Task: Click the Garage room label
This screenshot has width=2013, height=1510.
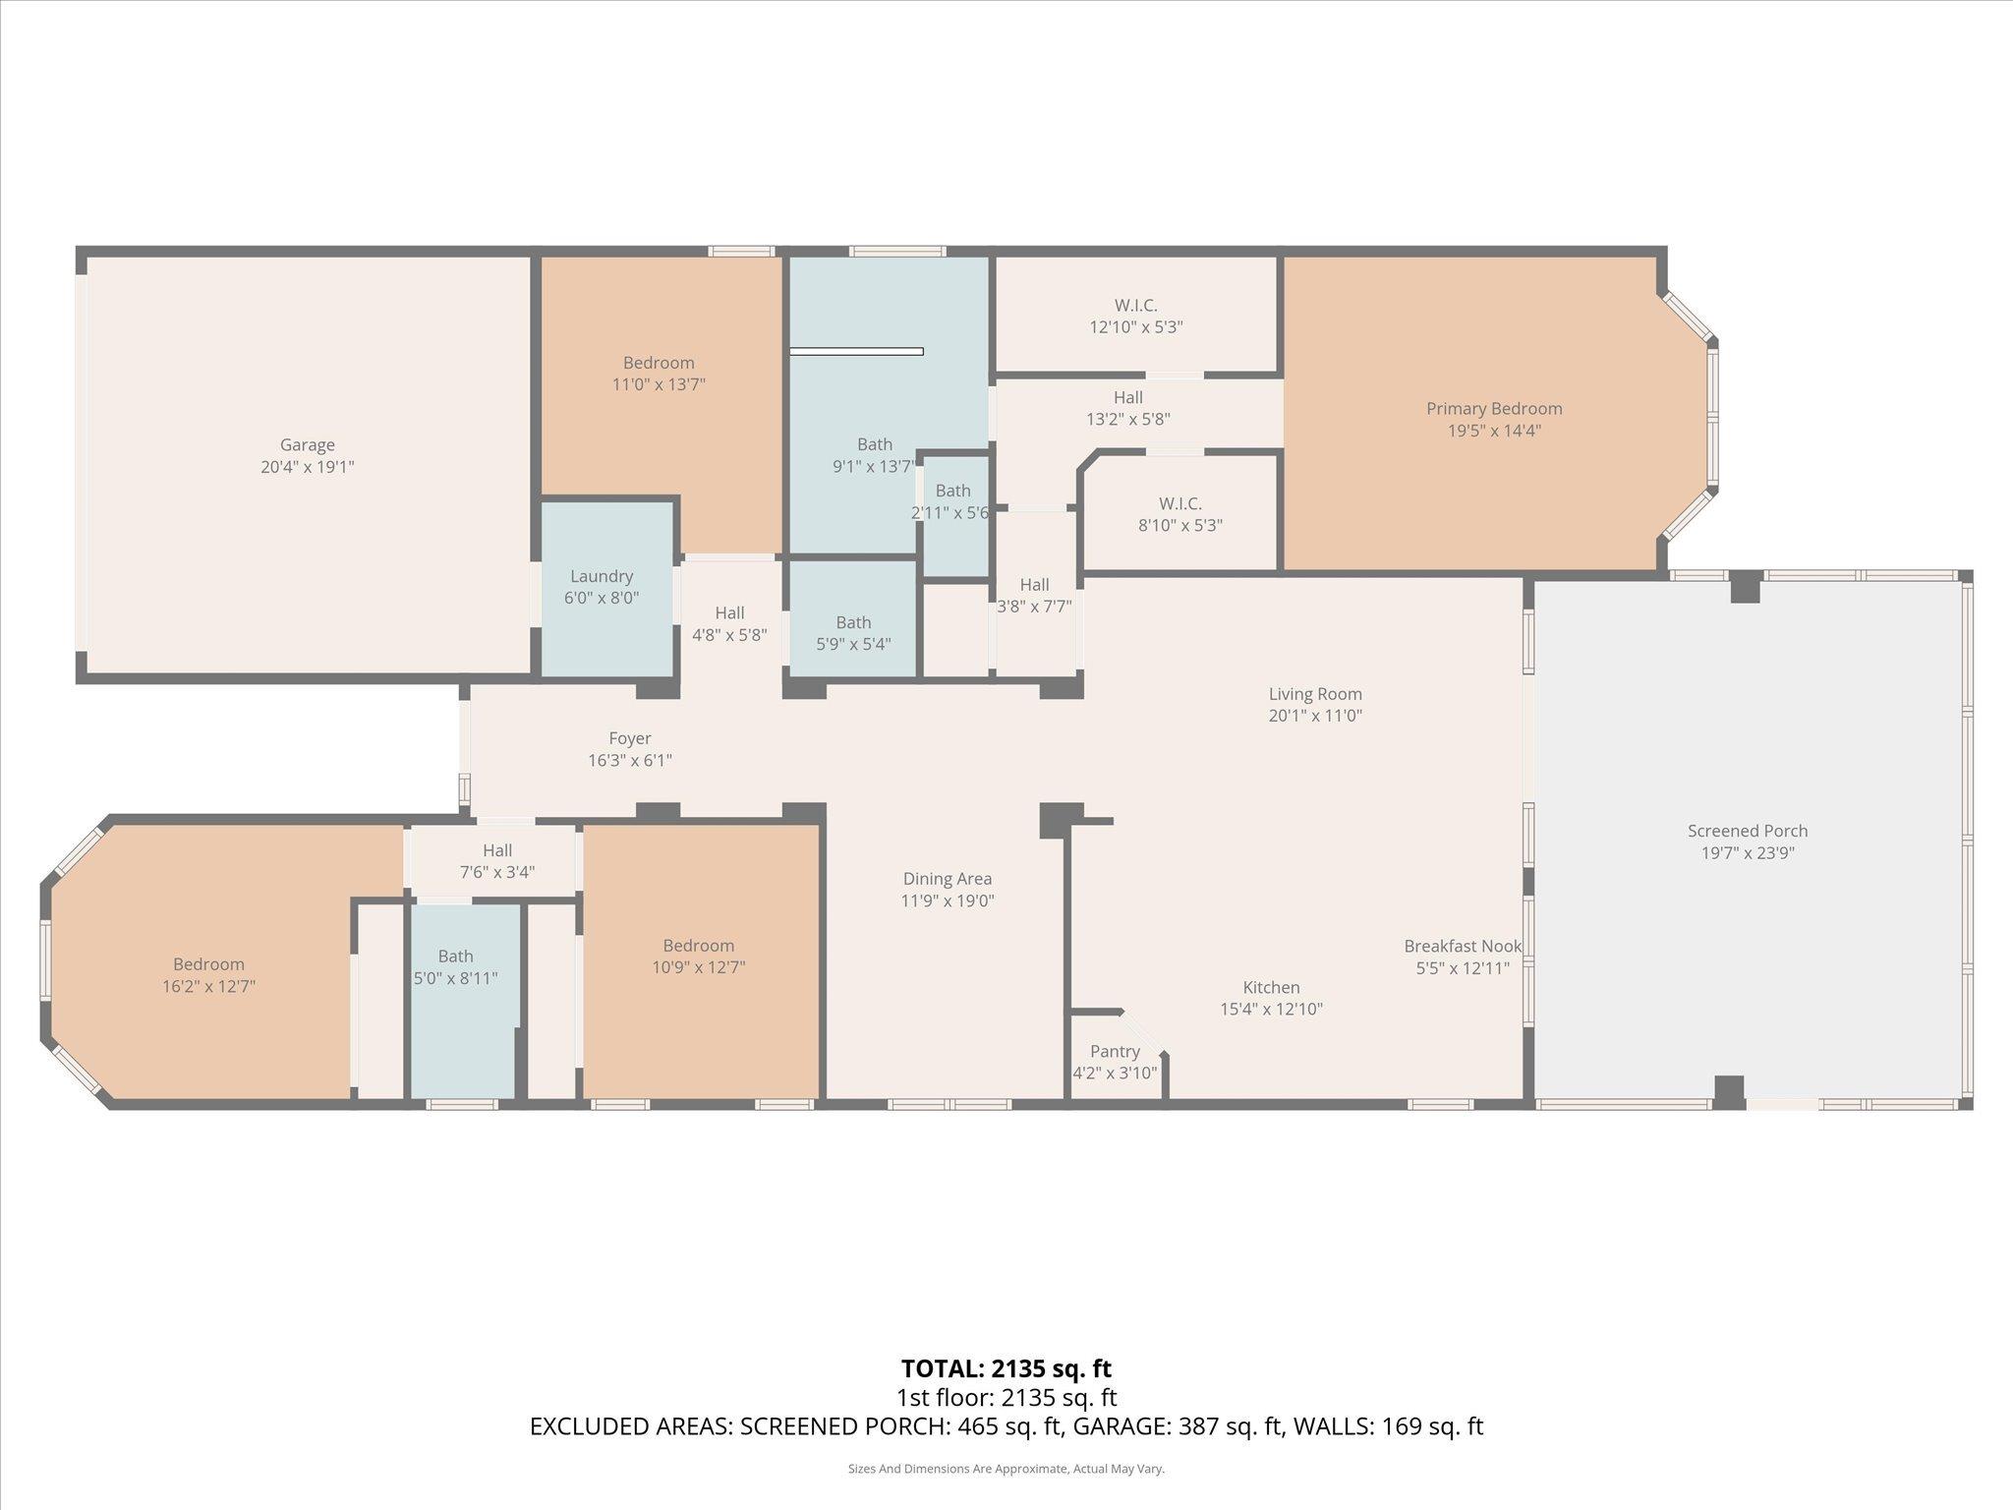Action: click(x=307, y=445)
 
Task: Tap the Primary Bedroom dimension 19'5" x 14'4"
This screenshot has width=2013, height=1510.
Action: click(x=1494, y=431)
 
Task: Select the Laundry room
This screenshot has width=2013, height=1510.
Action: click(x=602, y=587)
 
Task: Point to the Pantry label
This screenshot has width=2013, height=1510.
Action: click(x=1115, y=1052)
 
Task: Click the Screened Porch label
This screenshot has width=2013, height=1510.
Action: click(x=1748, y=831)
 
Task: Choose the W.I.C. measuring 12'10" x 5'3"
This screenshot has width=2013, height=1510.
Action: click(x=1135, y=317)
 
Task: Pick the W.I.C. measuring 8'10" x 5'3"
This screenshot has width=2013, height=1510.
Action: click(x=1179, y=515)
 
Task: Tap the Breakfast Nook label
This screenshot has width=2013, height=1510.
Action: click(x=1463, y=946)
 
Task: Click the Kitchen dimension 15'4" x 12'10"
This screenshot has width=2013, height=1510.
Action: click(x=1271, y=1009)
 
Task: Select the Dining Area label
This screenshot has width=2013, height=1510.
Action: click(x=948, y=879)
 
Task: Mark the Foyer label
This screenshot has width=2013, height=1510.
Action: click(x=630, y=738)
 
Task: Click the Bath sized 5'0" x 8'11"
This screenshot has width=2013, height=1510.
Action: click(x=455, y=967)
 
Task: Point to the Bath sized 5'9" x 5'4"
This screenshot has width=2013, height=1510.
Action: click(x=853, y=633)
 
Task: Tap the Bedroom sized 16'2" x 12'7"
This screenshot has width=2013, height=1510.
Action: click(x=208, y=975)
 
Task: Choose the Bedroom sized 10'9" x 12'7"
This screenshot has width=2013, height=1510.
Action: click(x=698, y=957)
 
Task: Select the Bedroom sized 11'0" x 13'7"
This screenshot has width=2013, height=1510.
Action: click(x=659, y=374)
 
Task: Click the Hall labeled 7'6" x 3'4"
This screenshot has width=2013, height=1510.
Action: click(x=497, y=860)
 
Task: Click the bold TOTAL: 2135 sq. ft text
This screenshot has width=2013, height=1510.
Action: click(x=1006, y=1368)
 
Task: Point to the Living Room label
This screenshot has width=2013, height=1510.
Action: click(x=1315, y=694)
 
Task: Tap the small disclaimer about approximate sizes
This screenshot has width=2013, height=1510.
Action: click(x=1006, y=1469)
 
